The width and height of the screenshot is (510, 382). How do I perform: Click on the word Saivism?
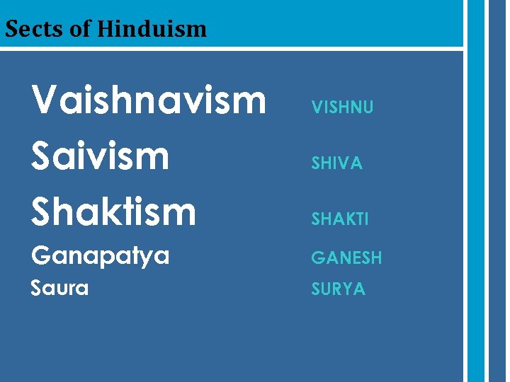click(101, 156)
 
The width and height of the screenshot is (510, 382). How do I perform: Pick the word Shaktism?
click(113, 211)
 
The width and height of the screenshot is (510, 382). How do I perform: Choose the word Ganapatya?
click(101, 256)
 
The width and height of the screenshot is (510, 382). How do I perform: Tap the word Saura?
click(60, 288)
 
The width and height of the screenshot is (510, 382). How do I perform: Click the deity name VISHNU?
click(342, 108)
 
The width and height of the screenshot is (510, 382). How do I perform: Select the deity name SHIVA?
click(337, 163)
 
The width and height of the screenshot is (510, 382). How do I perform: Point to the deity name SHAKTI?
click(340, 219)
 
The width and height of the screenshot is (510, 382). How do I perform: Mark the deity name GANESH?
click(346, 258)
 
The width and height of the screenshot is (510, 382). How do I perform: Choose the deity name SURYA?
click(339, 289)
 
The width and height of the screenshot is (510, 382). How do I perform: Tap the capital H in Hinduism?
click(105, 29)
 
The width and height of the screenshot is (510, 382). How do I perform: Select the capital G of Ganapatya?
click(42, 255)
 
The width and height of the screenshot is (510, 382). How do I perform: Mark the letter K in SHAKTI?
click(351, 219)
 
